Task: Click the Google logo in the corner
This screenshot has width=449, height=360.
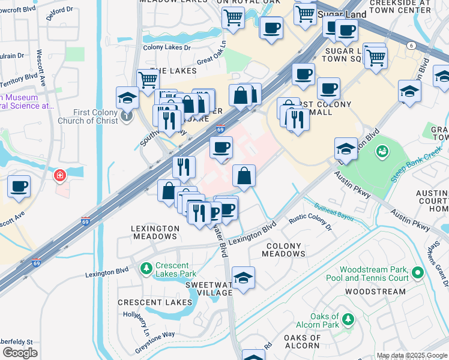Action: [x=19, y=353]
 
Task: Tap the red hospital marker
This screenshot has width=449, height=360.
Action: [x=60, y=176]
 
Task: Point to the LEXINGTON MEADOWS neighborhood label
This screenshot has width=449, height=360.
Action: [x=155, y=232]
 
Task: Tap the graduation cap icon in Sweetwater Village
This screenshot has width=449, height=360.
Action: [x=243, y=278]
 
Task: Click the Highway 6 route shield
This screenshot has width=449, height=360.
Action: [x=411, y=46]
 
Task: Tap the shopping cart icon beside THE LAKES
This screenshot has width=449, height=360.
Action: [x=147, y=79]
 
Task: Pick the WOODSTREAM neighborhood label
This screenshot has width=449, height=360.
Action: [x=368, y=292]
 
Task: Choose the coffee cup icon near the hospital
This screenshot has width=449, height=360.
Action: [x=19, y=186]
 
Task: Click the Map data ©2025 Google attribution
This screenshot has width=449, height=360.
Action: [x=412, y=355]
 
